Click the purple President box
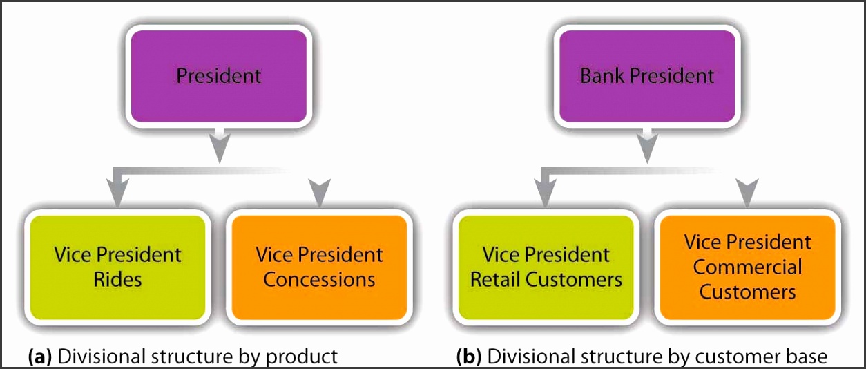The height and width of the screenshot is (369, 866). click(x=219, y=76)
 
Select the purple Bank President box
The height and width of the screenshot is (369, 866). click(x=647, y=76)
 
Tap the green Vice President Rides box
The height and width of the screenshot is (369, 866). click(x=117, y=267)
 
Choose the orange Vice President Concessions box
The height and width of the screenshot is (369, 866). click(x=319, y=267)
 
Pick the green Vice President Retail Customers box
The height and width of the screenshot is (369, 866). click(x=546, y=267)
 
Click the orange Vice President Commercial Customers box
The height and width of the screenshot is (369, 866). click(x=748, y=267)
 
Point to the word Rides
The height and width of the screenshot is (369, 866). click(x=117, y=280)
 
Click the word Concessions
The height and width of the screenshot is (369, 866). click(x=319, y=280)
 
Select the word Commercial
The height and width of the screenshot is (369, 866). click(x=748, y=267)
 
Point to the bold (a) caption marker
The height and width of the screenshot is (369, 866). click(x=40, y=357)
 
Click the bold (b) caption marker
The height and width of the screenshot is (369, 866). click(x=469, y=357)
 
